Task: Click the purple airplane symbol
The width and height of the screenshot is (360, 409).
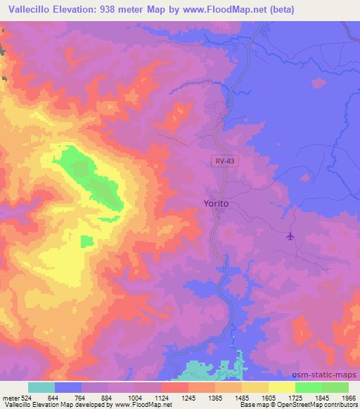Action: [290, 236]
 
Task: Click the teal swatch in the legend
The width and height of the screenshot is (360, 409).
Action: [41, 387]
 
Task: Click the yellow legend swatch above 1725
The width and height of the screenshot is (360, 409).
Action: [282, 387]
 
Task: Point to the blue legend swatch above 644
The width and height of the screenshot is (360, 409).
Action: [68, 387]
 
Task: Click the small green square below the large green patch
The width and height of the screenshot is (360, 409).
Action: [86, 241]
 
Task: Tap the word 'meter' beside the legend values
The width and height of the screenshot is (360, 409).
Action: [11, 397]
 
